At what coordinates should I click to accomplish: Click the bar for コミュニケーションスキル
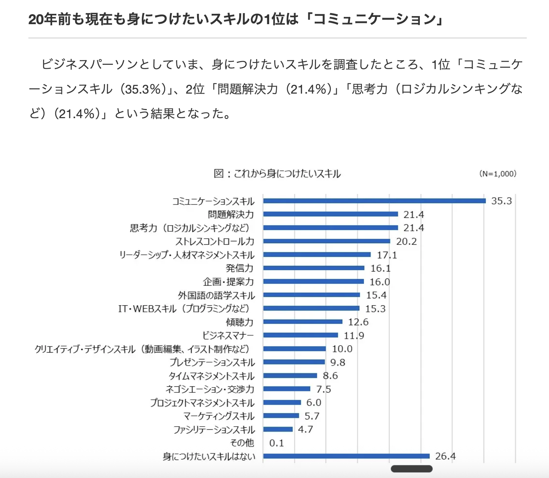coord(374,201)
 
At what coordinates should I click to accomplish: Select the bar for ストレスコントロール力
coord(327,241)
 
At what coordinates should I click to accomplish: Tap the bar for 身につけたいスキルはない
coord(346,456)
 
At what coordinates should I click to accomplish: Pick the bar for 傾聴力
coord(303,322)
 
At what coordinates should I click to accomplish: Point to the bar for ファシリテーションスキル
coord(278,429)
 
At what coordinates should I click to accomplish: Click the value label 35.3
coord(501,201)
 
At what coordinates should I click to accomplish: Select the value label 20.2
coord(406,241)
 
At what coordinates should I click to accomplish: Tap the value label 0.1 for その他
coord(276,443)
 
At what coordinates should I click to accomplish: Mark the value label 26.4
coord(445,456)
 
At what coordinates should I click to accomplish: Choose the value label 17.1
coord(387,255)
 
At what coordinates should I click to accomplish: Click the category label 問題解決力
coord(231,214)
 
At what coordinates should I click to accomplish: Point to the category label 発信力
coord(240,268)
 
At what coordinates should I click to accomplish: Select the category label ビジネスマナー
coord(228,335)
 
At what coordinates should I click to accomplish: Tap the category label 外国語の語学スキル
coord(216,295)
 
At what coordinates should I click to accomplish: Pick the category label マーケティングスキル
coord(219,416)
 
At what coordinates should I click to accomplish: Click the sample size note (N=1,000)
coord(498,174)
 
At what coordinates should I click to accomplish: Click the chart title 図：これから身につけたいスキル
coord(277,174)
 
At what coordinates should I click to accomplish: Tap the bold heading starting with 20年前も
coord(235,19)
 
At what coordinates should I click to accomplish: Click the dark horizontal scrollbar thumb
coord(411,469)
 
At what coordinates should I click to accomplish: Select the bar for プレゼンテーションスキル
coord(294,362)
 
